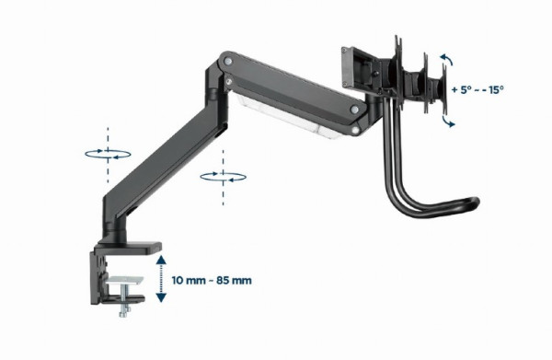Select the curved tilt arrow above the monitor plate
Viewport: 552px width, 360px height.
click(447, 62)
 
